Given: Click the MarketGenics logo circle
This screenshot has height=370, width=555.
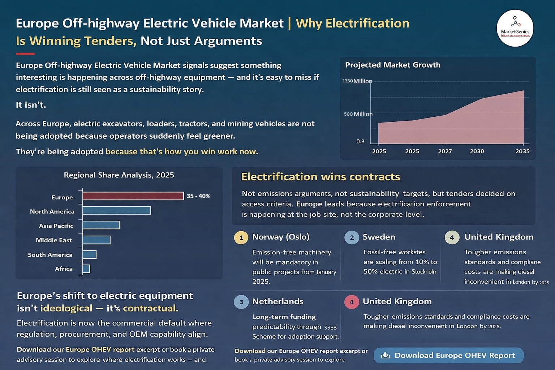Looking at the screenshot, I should coord(515,28).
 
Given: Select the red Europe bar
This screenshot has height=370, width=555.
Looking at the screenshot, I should coord(133,196).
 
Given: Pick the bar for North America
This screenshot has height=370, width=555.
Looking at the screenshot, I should coord(116,210).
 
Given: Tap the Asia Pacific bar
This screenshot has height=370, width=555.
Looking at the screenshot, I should coord(101,225).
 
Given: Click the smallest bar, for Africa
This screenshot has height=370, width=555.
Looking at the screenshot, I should coord(86,268).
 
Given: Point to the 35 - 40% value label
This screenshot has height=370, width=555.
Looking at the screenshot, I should coord(198,196).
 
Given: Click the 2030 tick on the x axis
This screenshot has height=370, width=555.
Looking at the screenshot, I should coord(477,151).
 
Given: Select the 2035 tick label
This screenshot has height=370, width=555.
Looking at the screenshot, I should coord(522,151).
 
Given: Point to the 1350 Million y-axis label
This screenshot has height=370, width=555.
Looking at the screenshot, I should coord(357,81).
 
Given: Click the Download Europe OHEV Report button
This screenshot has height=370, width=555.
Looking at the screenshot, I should coord(448,355).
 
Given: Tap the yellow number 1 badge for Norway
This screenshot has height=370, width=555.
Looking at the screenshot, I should coord(241,238).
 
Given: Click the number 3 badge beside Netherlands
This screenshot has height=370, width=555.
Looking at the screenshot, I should coord(241,302).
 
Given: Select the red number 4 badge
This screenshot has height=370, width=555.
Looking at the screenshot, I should coord(351,302).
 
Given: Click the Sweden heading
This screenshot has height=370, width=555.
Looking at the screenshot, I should coord(379,237).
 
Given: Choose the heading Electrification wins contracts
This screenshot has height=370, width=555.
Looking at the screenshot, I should coord(320,177).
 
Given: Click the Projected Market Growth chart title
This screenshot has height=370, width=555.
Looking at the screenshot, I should coord(393,65).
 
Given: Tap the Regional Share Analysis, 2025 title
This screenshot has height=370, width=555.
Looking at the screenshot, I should coord(119,175).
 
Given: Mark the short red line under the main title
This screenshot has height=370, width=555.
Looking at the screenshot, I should coord(25,54).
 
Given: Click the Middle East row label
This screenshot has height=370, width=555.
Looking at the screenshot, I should coord(54,240).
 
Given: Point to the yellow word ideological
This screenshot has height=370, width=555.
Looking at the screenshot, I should coord(66,308).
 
